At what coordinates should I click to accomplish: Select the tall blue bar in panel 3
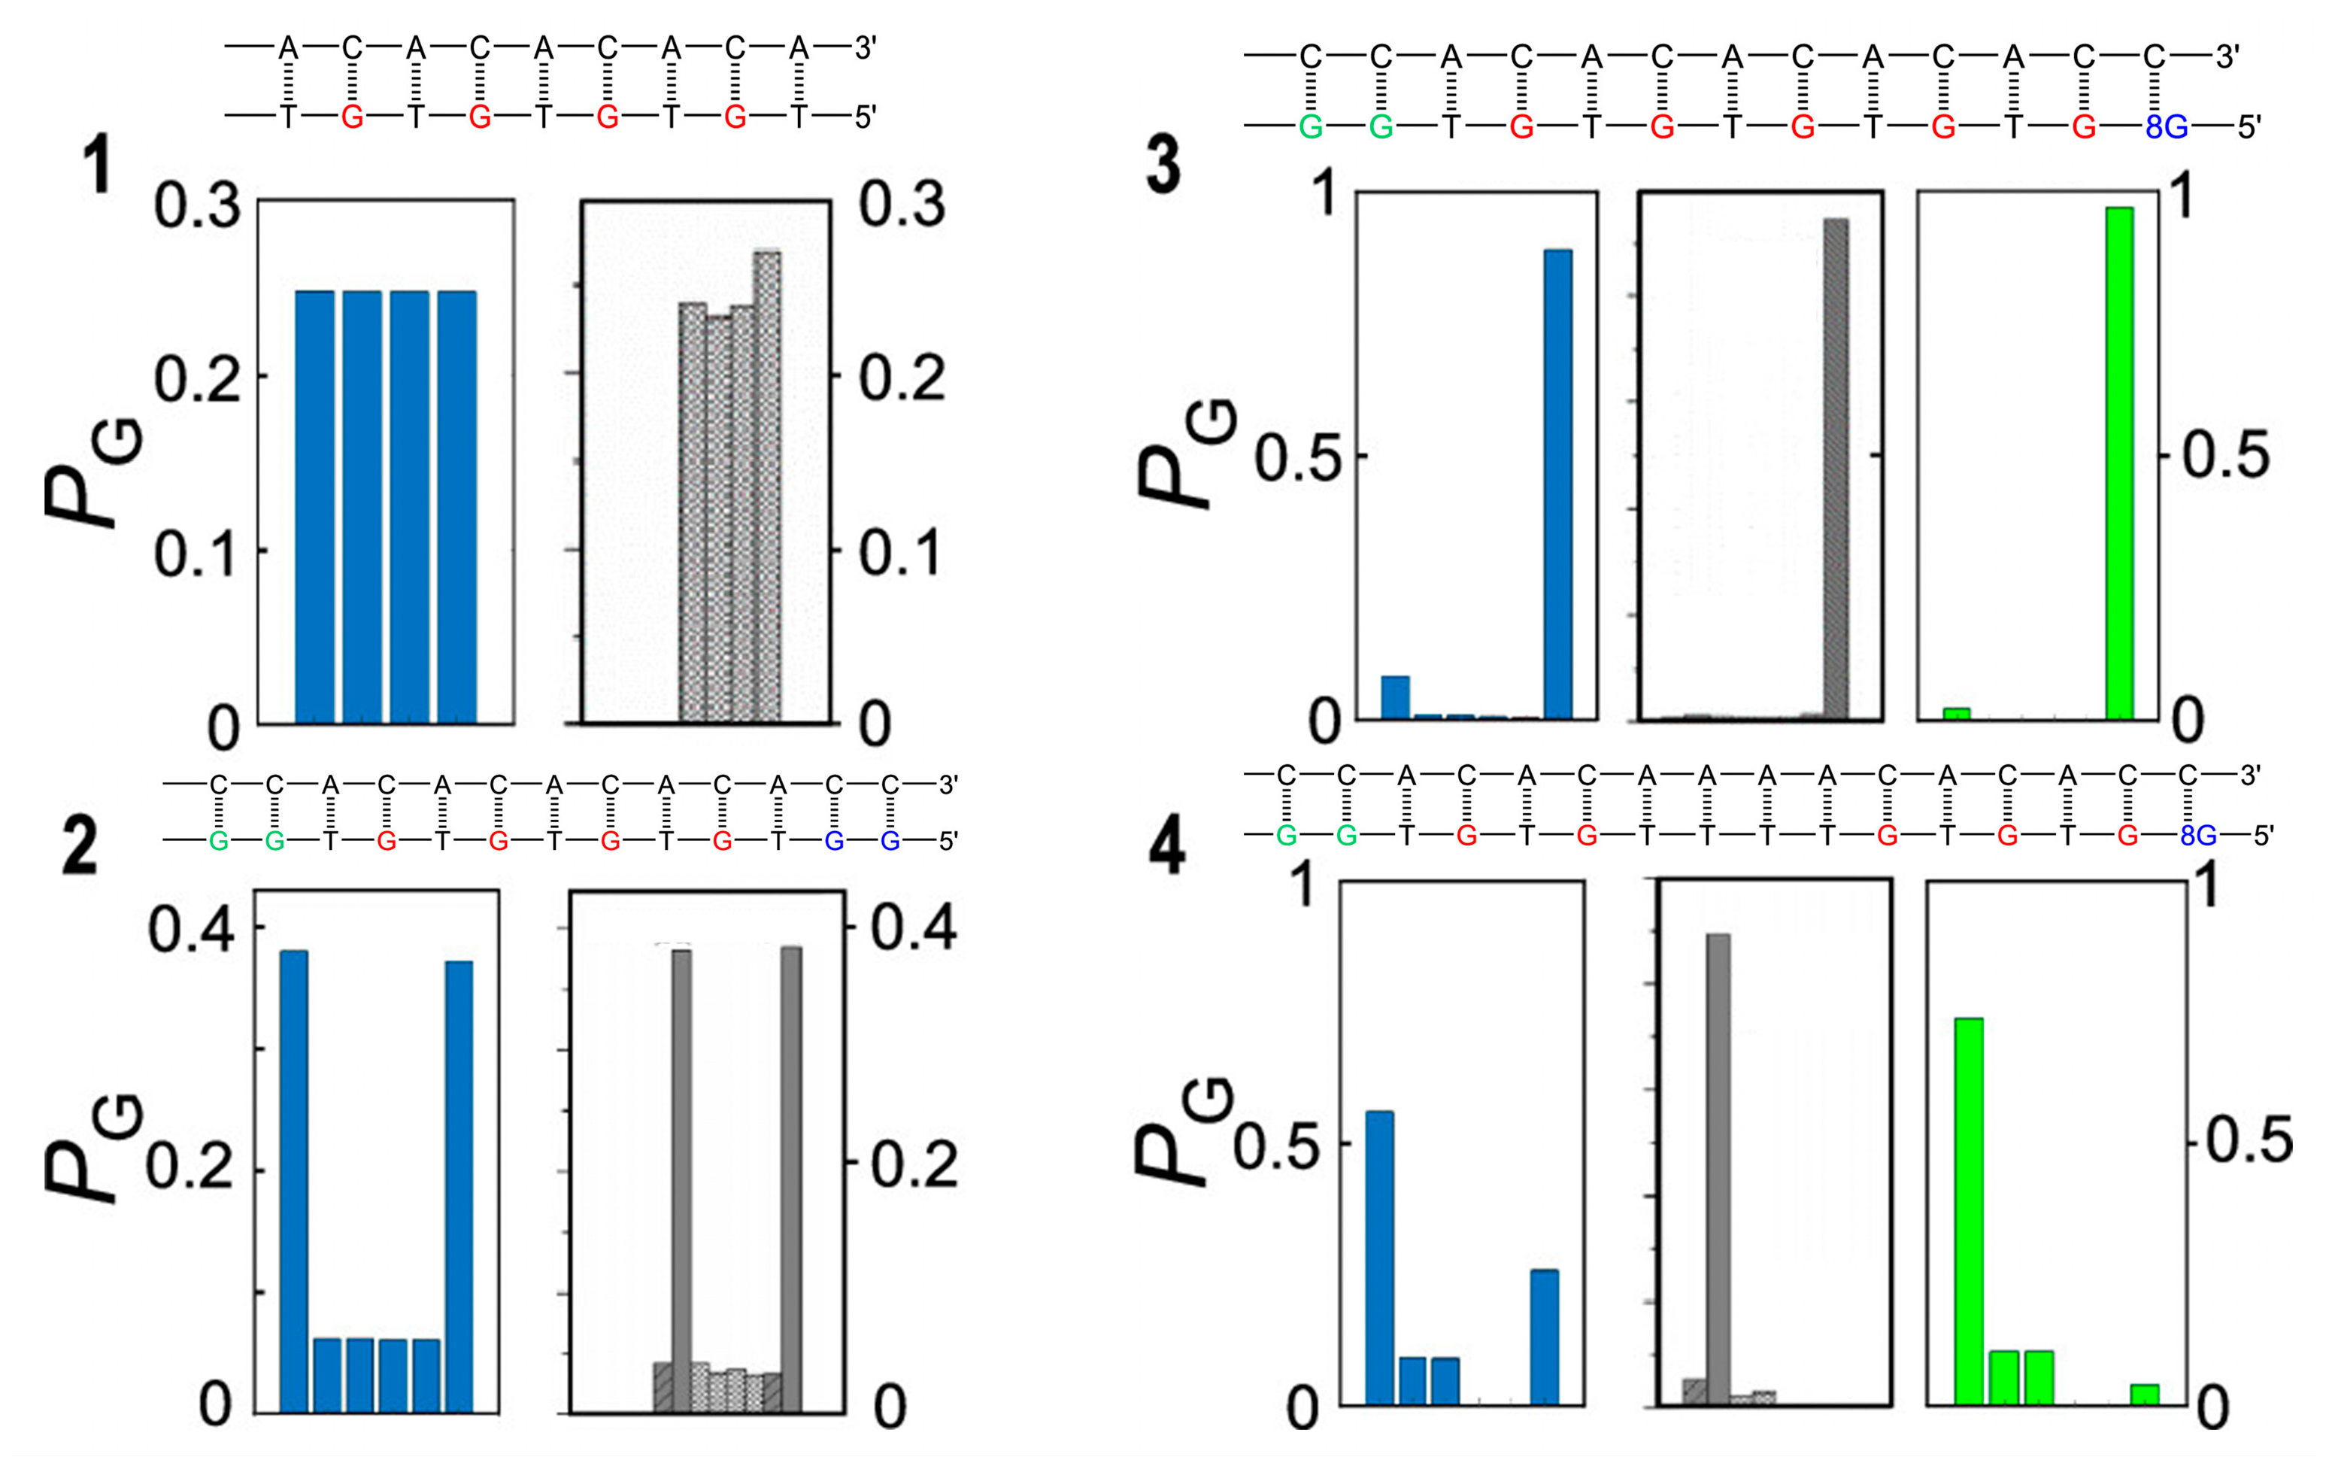click(x=1557, y=484)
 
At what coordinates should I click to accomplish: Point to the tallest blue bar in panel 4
click(x=1379, y=1258)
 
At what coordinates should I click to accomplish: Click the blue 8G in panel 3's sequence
click(x=2166, y=126)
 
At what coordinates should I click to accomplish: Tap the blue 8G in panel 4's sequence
click(x=2198, y=836)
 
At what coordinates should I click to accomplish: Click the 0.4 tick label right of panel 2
click(x=913, y=927)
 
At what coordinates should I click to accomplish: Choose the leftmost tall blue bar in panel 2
click(x=293, y=1180)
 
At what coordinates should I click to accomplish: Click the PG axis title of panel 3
click(x=1185, y=454)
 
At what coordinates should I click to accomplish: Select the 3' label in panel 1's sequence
click(x=865, y=48)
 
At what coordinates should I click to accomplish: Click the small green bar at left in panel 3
click(x=1957, y=713)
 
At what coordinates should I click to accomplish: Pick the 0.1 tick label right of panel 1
click(x=899, y=552)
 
